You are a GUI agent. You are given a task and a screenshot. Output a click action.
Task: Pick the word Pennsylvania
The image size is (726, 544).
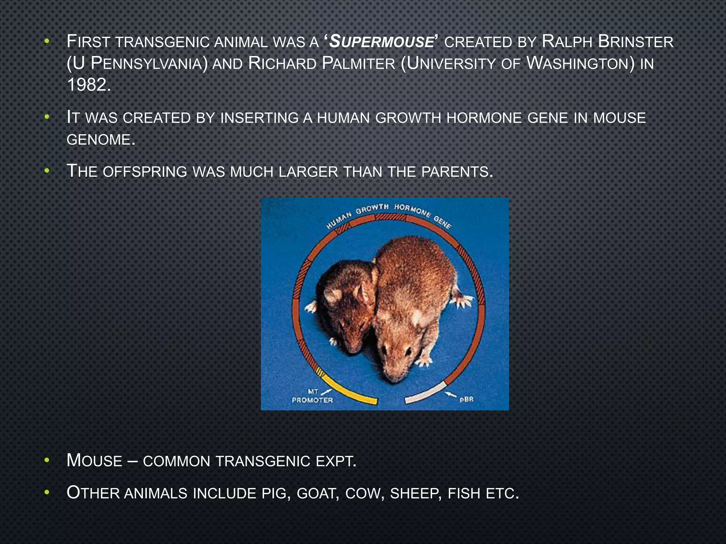(149, 64)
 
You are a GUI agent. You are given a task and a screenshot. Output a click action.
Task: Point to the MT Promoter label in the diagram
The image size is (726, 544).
(312, 396)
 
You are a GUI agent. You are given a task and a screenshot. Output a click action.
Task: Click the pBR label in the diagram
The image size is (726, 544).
(466, 399)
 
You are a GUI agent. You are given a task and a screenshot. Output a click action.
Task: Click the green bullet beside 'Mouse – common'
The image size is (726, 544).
(46, 461)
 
